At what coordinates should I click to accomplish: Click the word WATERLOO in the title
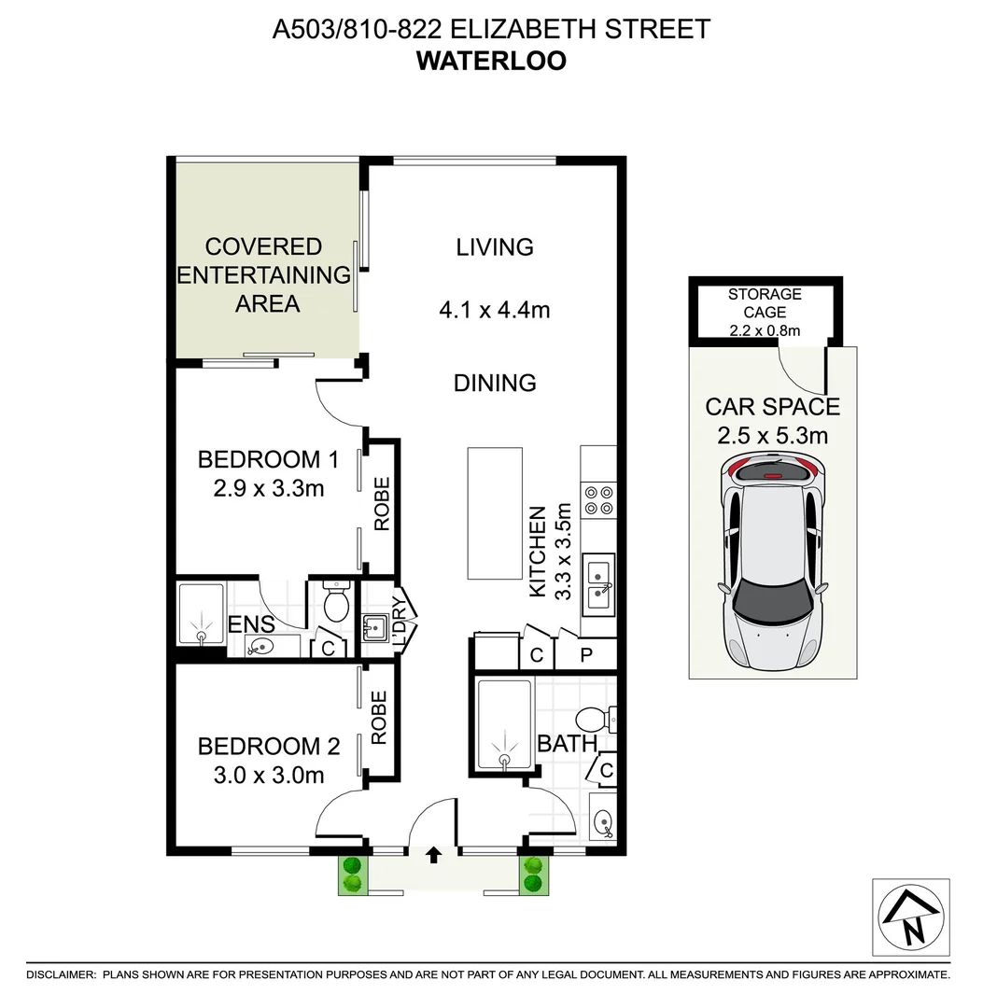click(491, 61)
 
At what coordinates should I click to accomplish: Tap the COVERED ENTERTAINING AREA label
click(264, 275)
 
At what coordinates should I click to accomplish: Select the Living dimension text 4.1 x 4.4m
click(496, 309)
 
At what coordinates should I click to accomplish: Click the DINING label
click(495, 383)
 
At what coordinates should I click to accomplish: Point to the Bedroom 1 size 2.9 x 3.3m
click(269, 487)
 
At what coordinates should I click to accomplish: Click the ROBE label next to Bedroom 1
click(382, 505)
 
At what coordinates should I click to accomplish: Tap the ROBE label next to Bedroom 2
click(379, 718)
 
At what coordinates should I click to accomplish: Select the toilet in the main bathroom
click(594, 720)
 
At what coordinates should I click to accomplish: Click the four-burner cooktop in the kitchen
click(598, 500)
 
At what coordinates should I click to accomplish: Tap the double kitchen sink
click(598, 584)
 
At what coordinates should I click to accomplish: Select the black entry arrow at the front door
click(433, 852)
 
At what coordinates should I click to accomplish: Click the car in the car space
click(772, 560)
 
